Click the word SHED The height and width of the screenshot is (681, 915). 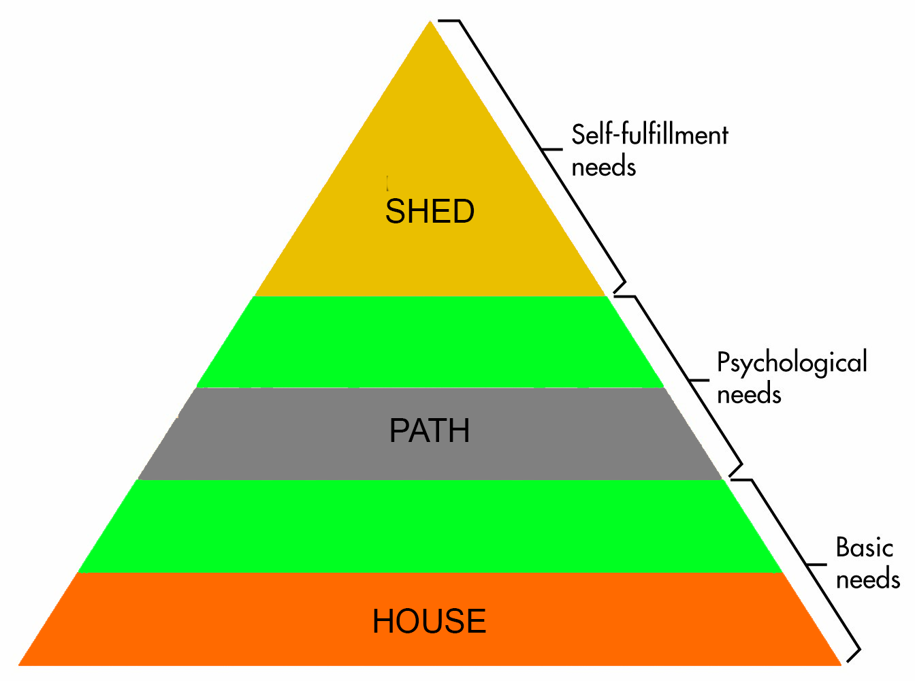click(x=430, y=211)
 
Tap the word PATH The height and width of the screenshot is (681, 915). click(x=430, y=430)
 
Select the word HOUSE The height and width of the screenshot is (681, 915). click(x=429, y=621)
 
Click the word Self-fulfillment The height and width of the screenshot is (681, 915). click(x=649, y=135)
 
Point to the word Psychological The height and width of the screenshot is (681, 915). click(x=792, y=363)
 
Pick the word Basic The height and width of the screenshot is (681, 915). click(x=864, y=548)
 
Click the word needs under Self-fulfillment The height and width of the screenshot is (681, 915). click(x=603, y=167)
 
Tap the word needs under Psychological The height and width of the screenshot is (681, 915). click(x=749, y=395)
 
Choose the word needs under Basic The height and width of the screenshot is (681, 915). click(x=868, y=580)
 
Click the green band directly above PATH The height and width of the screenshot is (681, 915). click(x=430, y=342)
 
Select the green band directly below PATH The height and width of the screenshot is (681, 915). click(x=430, y=526)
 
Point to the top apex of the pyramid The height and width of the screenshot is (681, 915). click(x=430, y=22)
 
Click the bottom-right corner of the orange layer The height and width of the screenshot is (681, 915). click(x=840, y=664)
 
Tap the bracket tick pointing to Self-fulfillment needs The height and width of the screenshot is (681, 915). click(x=552, y=149)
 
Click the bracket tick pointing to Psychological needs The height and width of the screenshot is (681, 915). click(x=699, y=379)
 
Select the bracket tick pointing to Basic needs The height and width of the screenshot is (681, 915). click(x=816, y=565)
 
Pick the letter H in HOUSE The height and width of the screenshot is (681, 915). click(x=383, y=621)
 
